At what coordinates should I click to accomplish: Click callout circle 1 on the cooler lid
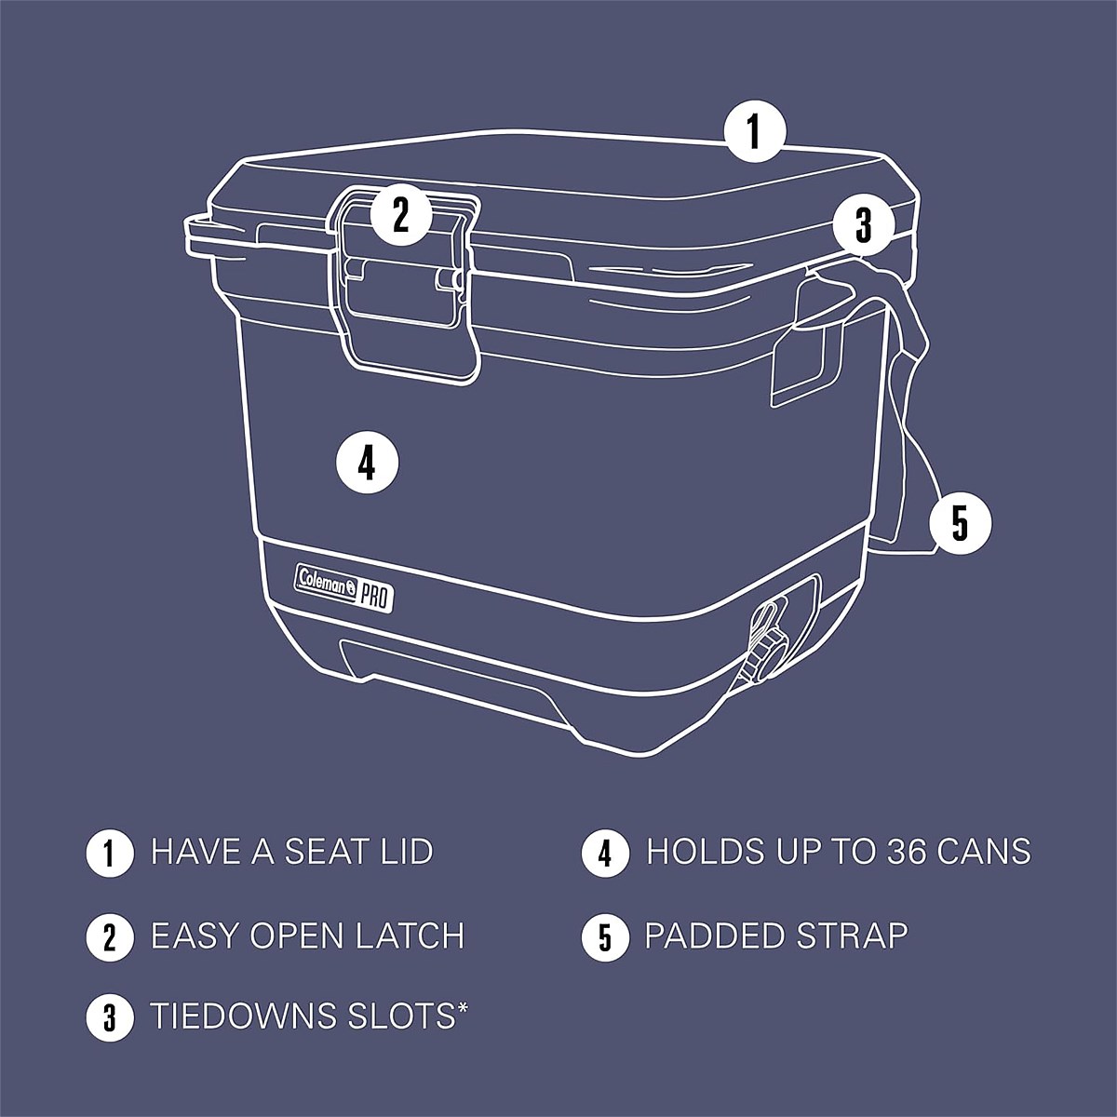(x=754, y=130)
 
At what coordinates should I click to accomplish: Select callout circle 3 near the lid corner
(x=864, y=225)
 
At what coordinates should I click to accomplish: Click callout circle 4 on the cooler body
(x=368, y=464)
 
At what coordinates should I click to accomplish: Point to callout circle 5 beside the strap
(x=961, y=523)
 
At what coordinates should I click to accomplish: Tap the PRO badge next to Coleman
(x=375, y=597)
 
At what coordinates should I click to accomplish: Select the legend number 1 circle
(x=110, y=853)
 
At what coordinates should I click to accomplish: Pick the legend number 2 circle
(x=110, y=936)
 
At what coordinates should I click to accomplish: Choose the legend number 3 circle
(x=110, y=1018)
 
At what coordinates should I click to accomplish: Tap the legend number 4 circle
(x=605, y=853)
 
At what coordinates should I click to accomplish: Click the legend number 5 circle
(x=605, y=936)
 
